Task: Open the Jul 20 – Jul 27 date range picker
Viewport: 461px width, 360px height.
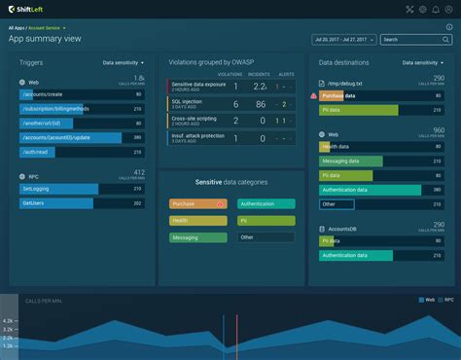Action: pos(344,40)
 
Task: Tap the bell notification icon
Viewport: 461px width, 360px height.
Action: pos(435,10)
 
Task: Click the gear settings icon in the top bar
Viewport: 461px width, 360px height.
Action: pos(422,10)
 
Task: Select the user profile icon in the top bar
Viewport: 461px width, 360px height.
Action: pos(448,10)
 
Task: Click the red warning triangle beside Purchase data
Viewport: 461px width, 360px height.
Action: pos(313,95)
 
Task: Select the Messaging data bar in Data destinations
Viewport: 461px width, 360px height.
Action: pos(350,161)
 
